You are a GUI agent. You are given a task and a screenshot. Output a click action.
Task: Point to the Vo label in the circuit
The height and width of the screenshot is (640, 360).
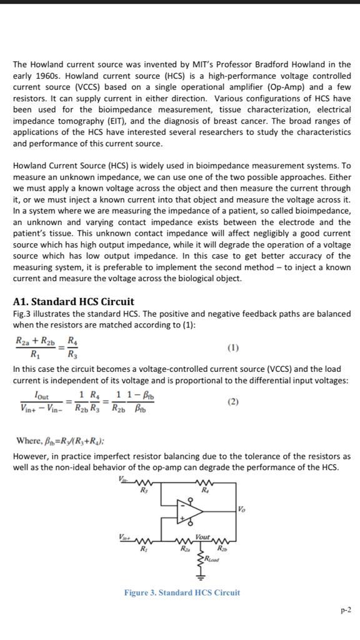tap(242, 509)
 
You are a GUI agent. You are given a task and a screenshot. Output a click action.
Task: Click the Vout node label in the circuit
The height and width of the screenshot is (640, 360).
tap(202, 537)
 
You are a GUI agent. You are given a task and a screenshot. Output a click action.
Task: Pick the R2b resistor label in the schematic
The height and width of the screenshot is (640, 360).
tap(221, 548)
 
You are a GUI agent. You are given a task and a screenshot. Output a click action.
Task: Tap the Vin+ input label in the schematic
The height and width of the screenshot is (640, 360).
tap(124, 537)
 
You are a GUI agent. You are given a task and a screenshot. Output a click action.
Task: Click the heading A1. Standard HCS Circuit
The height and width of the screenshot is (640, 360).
tap(74, 301)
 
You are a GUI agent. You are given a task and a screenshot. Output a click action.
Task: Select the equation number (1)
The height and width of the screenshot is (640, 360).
tap(233, 347)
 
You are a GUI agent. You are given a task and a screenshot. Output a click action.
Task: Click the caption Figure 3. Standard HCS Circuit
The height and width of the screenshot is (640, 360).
tap(181, 592)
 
